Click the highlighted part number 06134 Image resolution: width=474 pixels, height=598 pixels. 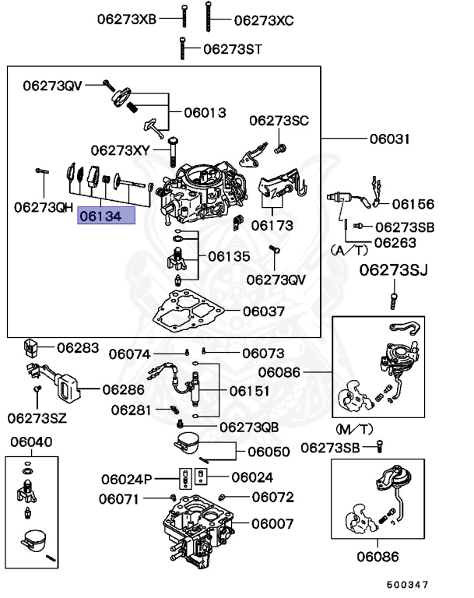point(105,216)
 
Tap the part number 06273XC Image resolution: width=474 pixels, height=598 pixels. point(264,19)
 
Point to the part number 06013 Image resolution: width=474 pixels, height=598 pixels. point(205,112)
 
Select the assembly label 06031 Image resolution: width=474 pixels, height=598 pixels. point(389,139)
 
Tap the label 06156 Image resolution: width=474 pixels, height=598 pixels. point(413,204)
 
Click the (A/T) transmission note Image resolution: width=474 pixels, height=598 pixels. point(348,250)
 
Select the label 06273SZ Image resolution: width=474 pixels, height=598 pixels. point(37,418)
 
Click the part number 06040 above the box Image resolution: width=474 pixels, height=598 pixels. point(31,441)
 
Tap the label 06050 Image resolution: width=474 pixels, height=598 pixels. point(269,451)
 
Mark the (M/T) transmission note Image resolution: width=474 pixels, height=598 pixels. point(354,429)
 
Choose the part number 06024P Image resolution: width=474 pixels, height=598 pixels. point(127,478)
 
